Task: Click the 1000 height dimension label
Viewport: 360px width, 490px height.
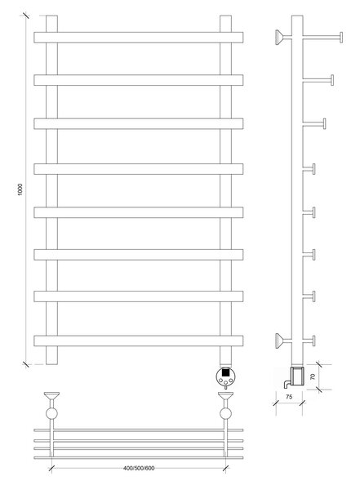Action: (20, 189)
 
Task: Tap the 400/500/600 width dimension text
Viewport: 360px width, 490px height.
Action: (139, 468)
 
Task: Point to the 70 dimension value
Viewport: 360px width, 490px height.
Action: (313, 376)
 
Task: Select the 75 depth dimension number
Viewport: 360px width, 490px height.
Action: (289, 397)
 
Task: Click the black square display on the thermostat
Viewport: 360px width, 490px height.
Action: (225, 372)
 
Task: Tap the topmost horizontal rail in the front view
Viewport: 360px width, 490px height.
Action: (139, 38)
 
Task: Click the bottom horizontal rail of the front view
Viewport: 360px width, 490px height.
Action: (139, 341)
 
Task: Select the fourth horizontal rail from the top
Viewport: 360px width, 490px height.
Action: (139, 169)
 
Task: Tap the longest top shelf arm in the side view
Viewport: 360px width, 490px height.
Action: (322, 38)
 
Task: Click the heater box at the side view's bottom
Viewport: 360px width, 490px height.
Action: (297, 377)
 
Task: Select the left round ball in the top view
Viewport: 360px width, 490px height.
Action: (51, 413)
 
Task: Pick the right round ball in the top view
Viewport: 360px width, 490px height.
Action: (225, 413)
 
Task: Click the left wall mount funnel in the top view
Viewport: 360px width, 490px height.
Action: (51, 396)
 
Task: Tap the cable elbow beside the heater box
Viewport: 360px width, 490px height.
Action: (287, 384)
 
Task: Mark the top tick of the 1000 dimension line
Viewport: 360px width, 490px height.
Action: (25, 16)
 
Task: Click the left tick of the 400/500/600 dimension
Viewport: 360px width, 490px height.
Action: (52, 469)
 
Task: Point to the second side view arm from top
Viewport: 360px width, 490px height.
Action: (318, 80)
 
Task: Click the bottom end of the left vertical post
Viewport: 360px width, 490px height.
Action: (51, 364)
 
